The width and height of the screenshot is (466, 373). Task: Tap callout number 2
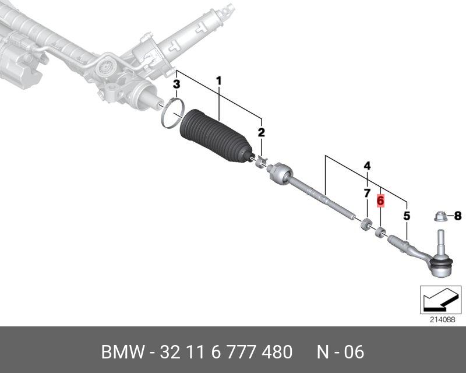coord(262,133)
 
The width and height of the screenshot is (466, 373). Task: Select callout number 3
coord(177,85)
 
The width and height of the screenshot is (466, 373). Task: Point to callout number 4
coord(367,166)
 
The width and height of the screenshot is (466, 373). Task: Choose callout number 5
coord(407,216)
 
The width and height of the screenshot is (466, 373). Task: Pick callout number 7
coord(367,192)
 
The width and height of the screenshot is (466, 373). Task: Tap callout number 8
coord(457,216)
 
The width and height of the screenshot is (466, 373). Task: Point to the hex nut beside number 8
coord(440,217)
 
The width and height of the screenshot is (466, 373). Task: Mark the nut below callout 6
coord(380,233)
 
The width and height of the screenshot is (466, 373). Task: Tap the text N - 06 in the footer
coord(340,352)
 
